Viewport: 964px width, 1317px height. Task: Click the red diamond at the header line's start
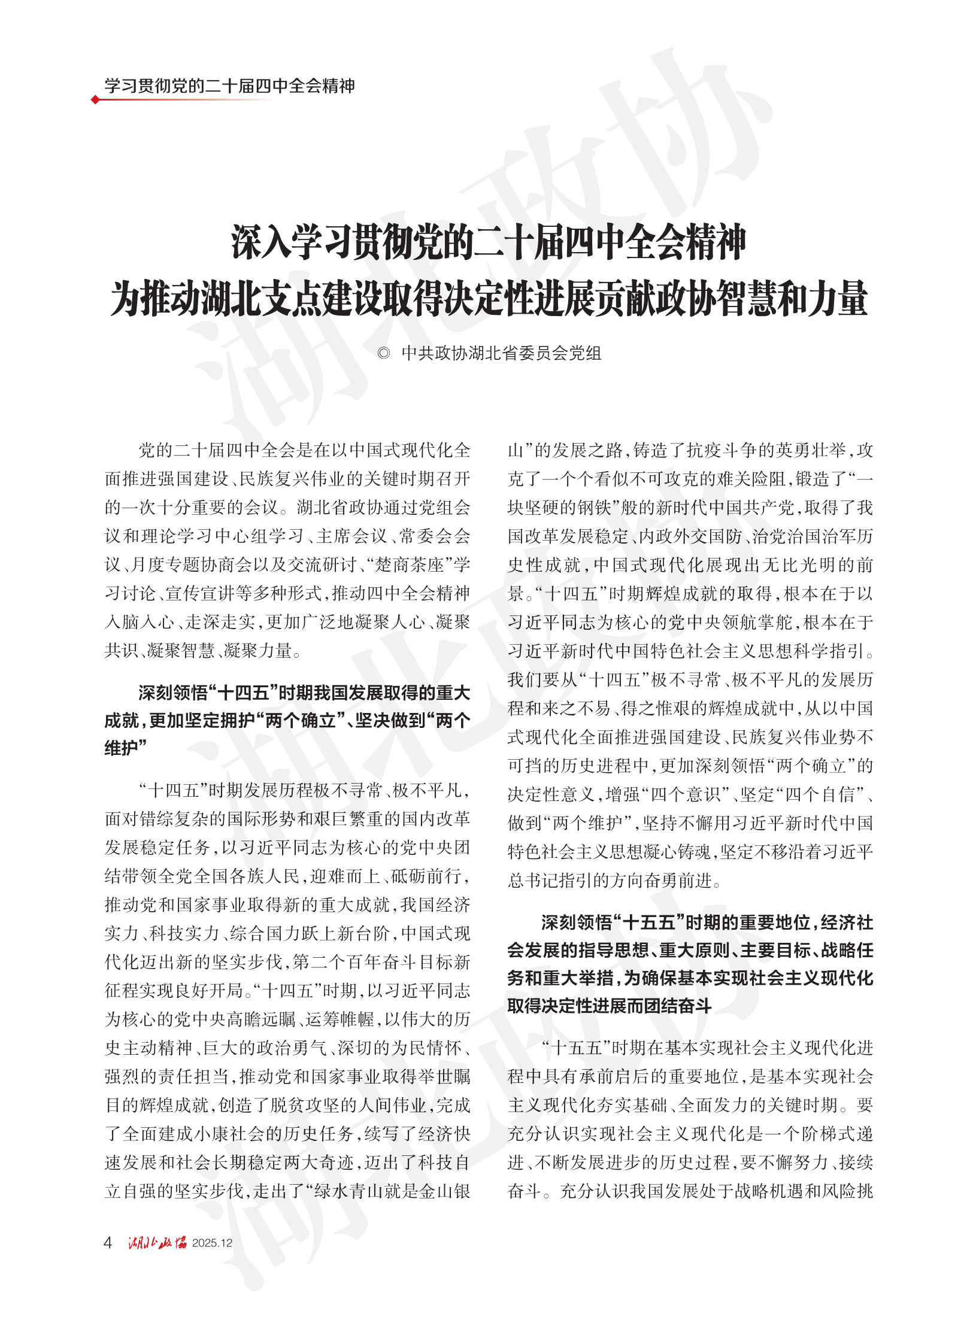tap(95, 99)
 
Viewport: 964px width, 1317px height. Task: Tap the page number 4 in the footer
tap(108, 1243)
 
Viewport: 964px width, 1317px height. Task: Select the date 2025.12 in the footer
tap(212, 1243)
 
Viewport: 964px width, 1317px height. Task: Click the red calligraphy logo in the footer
tap(157, 1243)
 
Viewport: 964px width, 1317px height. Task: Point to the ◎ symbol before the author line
tap(384, 353)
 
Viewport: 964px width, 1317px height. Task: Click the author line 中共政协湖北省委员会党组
tap(501, 353)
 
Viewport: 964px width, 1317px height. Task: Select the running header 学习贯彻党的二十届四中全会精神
tap(230, 86)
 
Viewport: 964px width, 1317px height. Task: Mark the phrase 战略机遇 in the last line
tap(770, 1191)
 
